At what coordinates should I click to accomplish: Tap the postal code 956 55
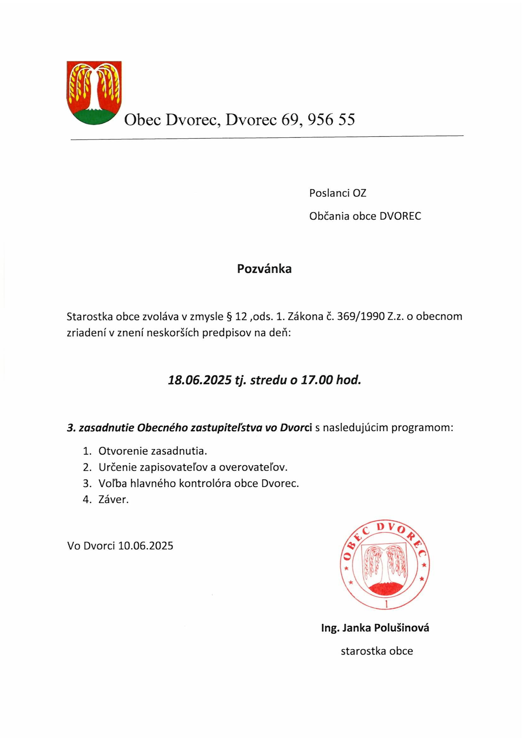pyautogui.click(x=331, y=120)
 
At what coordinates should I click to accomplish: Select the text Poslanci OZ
pyautogui.click(x=337, y=193)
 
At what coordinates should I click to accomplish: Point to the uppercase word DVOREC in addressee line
pyautogui.click(x=400, y=216)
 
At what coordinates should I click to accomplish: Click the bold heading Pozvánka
pyautogui.click(x=264, y=269)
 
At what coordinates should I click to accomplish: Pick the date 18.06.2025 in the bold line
pyautogui.click(x=199, y=381)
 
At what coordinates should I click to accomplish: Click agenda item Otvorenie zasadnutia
pyautogui.click(x=153, y=451)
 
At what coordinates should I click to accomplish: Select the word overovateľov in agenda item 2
pyautogui.click(x=253, y=467)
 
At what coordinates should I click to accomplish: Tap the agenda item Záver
pyautogui.click(x=114, y=500)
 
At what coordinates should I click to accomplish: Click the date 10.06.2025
pyautogui.click(x=145, y=546)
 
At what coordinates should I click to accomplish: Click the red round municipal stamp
pyautogui.click(x=385, y=565)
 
